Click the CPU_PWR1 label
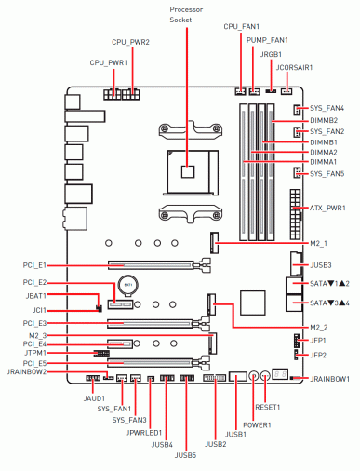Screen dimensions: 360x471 point(109,63)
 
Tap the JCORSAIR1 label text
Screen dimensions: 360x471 point(294,68)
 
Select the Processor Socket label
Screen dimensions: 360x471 point(186,15)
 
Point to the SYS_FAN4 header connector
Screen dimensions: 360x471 point(297,110)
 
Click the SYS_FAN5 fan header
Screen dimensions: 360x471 point(297,172)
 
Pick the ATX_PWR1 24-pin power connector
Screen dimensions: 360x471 point(296,214)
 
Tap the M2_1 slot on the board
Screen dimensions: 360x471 point(214,242)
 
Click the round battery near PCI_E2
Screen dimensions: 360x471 point(128,285)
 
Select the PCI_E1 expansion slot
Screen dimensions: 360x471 point(159,265)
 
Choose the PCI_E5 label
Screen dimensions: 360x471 point(34,363)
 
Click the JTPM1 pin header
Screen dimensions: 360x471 point(101,353)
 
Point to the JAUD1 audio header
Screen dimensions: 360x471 point(93,378)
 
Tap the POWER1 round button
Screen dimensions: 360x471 point(254,376)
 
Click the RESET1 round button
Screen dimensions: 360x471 point(265,376)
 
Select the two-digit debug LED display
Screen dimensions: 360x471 point(280,374)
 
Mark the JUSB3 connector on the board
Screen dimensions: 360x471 point(296,263)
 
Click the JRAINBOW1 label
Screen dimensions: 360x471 point(329,379)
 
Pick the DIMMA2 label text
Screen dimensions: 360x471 point(324,153)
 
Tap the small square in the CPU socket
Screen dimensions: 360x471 point(188,171)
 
